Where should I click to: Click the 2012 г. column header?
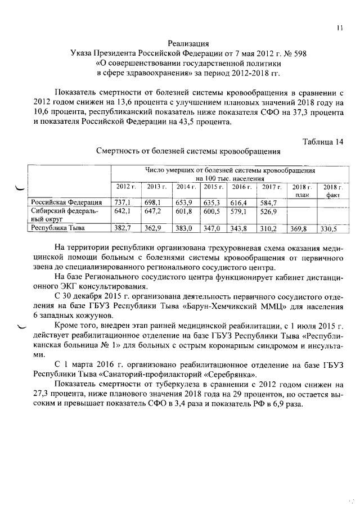(x=125, y=186)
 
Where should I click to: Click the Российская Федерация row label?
(x=66, y=202)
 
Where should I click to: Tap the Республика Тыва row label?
(x=59, y=228)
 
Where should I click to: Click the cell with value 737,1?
(x=123, y=202)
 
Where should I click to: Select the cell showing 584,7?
(x=271, y=202)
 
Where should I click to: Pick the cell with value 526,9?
(x=271, y=211)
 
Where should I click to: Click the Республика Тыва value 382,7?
(x=123, y=228)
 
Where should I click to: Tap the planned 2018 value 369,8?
(x=300, y=229)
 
